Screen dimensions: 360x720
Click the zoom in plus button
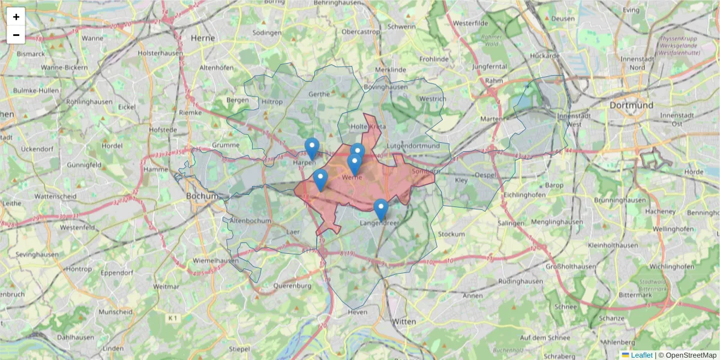tap(16, 17)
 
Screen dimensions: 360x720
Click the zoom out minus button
tap(16, 35)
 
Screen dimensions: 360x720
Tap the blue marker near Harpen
tap(311, 148)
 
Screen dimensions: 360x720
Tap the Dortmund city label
tap(631, 105)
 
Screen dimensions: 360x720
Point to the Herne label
tap(203, 37)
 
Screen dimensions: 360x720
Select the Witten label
tap(404, 322)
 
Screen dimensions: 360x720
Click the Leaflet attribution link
tap(641, 355)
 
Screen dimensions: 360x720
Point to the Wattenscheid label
tap(55, 196)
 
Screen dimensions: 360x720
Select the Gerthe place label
tap(319, 94)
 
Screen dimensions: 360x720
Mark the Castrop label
tap(361, 31)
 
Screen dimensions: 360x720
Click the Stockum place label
tap(452, 234)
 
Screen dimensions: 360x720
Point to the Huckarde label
tap(545, 56)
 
